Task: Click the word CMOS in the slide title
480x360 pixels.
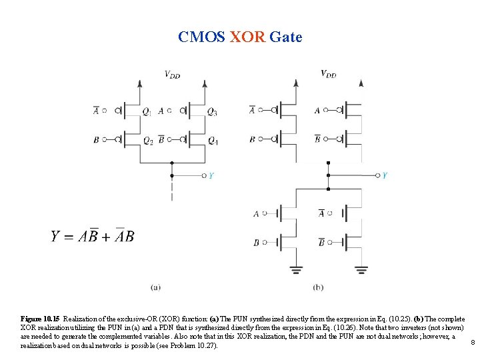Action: (x=202, y=37)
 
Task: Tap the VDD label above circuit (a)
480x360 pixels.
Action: (x=172, y=74)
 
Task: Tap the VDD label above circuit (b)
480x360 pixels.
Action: (x=328, y=74)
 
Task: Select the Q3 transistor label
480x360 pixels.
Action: (x=211, y=111)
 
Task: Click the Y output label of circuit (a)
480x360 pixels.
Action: (x=211, y=175)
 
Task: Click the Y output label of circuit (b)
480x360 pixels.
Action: (x=385, y=175)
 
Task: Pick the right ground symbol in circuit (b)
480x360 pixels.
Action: (x=361, y=270)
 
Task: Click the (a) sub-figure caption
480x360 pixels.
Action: (x=155, y=287)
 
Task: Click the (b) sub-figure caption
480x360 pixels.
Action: (x=318, y=287)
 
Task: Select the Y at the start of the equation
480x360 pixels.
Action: (x=57, y=236)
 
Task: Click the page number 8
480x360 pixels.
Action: (x=472, y=343)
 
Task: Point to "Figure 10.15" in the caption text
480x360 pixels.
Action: (x=39, y=320)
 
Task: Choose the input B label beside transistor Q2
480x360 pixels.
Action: (x=97, y=140)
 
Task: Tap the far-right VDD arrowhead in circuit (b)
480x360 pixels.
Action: (x=361, y=83)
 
